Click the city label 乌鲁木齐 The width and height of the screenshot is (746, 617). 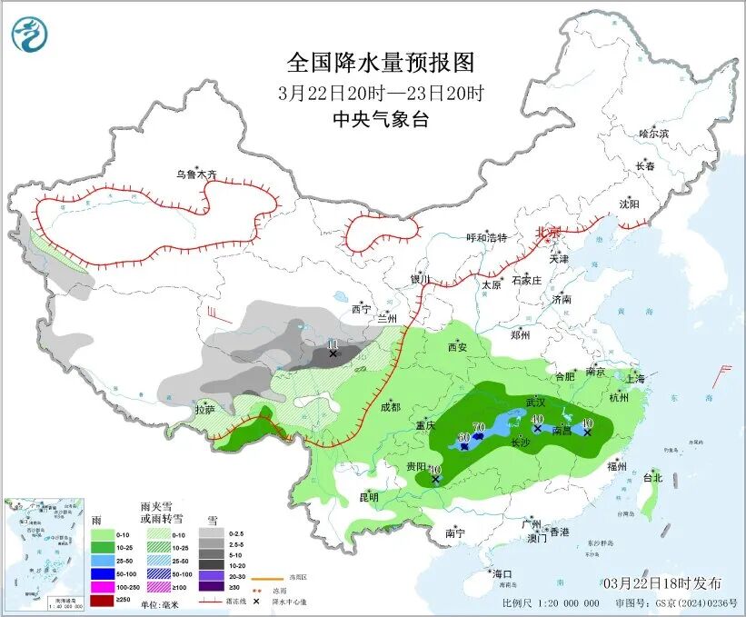tap(197, 174)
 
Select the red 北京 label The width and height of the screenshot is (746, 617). tap(549, 232)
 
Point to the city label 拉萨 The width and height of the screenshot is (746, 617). tap(204, 410)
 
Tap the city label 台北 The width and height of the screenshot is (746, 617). tap(652, 477)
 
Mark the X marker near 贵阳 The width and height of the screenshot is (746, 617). tap(435, 478)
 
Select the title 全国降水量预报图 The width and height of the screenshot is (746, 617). tap(381, 63)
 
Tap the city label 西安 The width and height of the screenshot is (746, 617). tap(456, 347)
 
